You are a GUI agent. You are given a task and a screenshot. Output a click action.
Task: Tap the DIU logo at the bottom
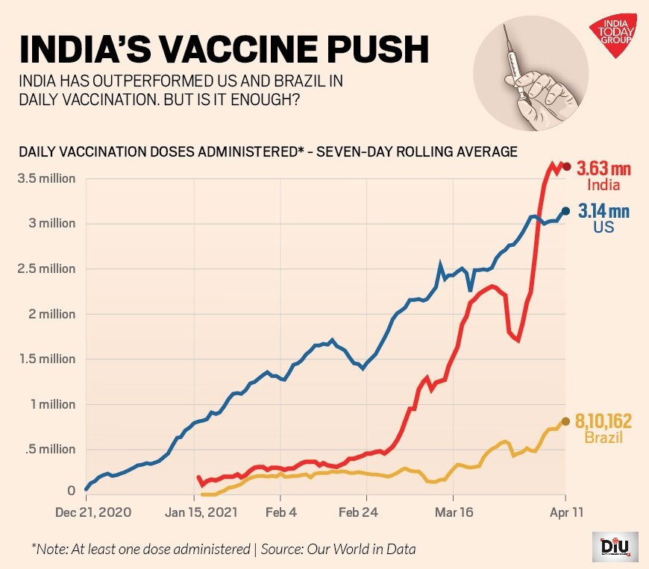click(611, 546)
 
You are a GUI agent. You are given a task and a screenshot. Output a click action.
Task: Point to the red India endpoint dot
click(566, 166)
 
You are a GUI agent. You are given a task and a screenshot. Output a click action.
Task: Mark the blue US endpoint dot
click(566, 211)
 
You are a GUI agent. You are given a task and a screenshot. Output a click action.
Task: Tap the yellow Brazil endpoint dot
click(566, 421)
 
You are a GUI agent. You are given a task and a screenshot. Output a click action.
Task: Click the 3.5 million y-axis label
click(47, 178)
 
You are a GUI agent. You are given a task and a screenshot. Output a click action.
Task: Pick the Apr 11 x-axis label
click(565, 513)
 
